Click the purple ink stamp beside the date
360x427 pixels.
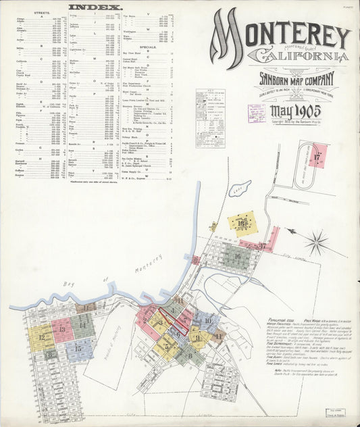pyautogui.click(x=256, y=113)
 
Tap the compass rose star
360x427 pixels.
pyautogui.click(x=315, y=243)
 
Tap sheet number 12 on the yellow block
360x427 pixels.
pyautogui.click(x=41, y=336)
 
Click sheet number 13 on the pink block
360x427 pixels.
pyautogui.click(x=61, y=329)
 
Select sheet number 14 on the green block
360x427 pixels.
pyautogui.click(x=82, y=324)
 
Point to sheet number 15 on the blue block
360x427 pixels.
pyautogui.click(x=78, y=349)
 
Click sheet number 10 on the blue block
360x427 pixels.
pyautogui.click(x=208, y=320)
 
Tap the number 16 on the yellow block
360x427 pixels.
pyautogui.click(x=241, y=222)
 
